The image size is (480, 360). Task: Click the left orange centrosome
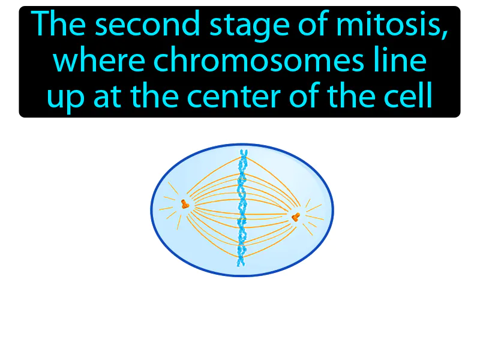pos(185,205)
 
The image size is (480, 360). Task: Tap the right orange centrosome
pos(295,215)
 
